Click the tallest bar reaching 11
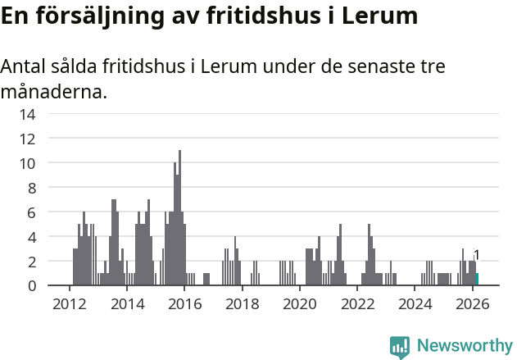pos(179,217)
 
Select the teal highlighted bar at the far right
pos(477,280)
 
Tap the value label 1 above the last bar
pos(477,255)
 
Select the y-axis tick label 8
pos(30,188)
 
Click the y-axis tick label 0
pos(30,285)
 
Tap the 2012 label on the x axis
pos(70,304)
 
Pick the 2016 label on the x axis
pos(184,304)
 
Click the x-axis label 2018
pos(242,304)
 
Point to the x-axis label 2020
pos(299,304)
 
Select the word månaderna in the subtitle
pos(53,92)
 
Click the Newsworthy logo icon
pos(400,346)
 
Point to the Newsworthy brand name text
pos(464,346)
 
